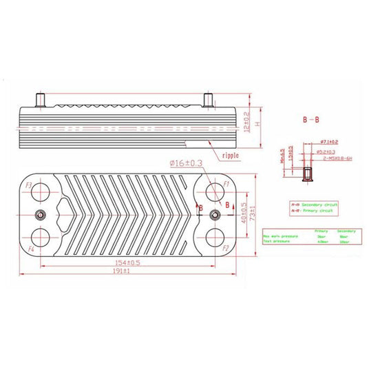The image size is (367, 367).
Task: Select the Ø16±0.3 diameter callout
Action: point(185,163)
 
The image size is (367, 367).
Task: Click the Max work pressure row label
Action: point(280,236)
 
